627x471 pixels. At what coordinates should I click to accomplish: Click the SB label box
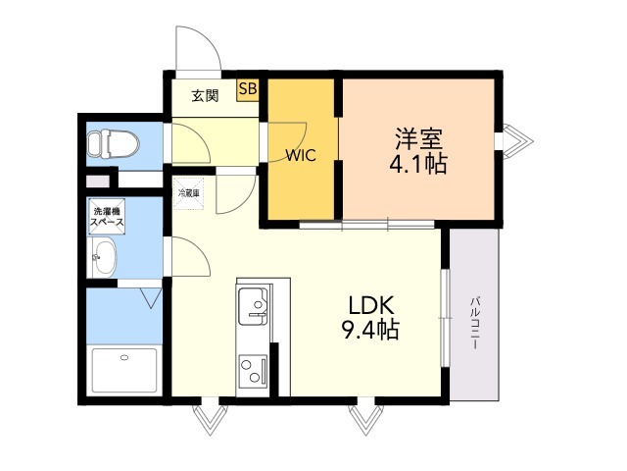(x=248, y=89)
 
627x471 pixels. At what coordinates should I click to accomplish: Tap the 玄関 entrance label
(x=205, y=96)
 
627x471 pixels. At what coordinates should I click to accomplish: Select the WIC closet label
(x=301, y=155)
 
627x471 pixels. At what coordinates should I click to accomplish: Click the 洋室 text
(x=418, y=138)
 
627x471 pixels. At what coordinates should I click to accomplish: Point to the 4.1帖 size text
(x=418, y=164)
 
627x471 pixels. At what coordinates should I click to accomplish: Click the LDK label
(x=372, y=306)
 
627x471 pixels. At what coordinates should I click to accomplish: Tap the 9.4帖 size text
(x=370, y=330)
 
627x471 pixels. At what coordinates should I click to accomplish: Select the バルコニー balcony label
(x=474, y=323)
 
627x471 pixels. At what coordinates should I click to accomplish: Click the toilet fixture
(x=114, y=143)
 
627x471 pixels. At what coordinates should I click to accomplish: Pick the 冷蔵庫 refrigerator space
(x=189, y=193)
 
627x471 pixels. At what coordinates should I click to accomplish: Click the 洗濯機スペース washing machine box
(x=107, y=216)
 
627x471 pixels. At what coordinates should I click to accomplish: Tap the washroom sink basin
(x=104, y=257)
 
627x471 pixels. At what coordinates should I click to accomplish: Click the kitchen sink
(x=254, y=306)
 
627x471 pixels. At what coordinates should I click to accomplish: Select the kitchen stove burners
(x=254, y=371)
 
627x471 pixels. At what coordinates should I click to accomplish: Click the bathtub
(x=124, y=371)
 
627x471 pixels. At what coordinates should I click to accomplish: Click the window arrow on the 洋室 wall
(x=518, y=141)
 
